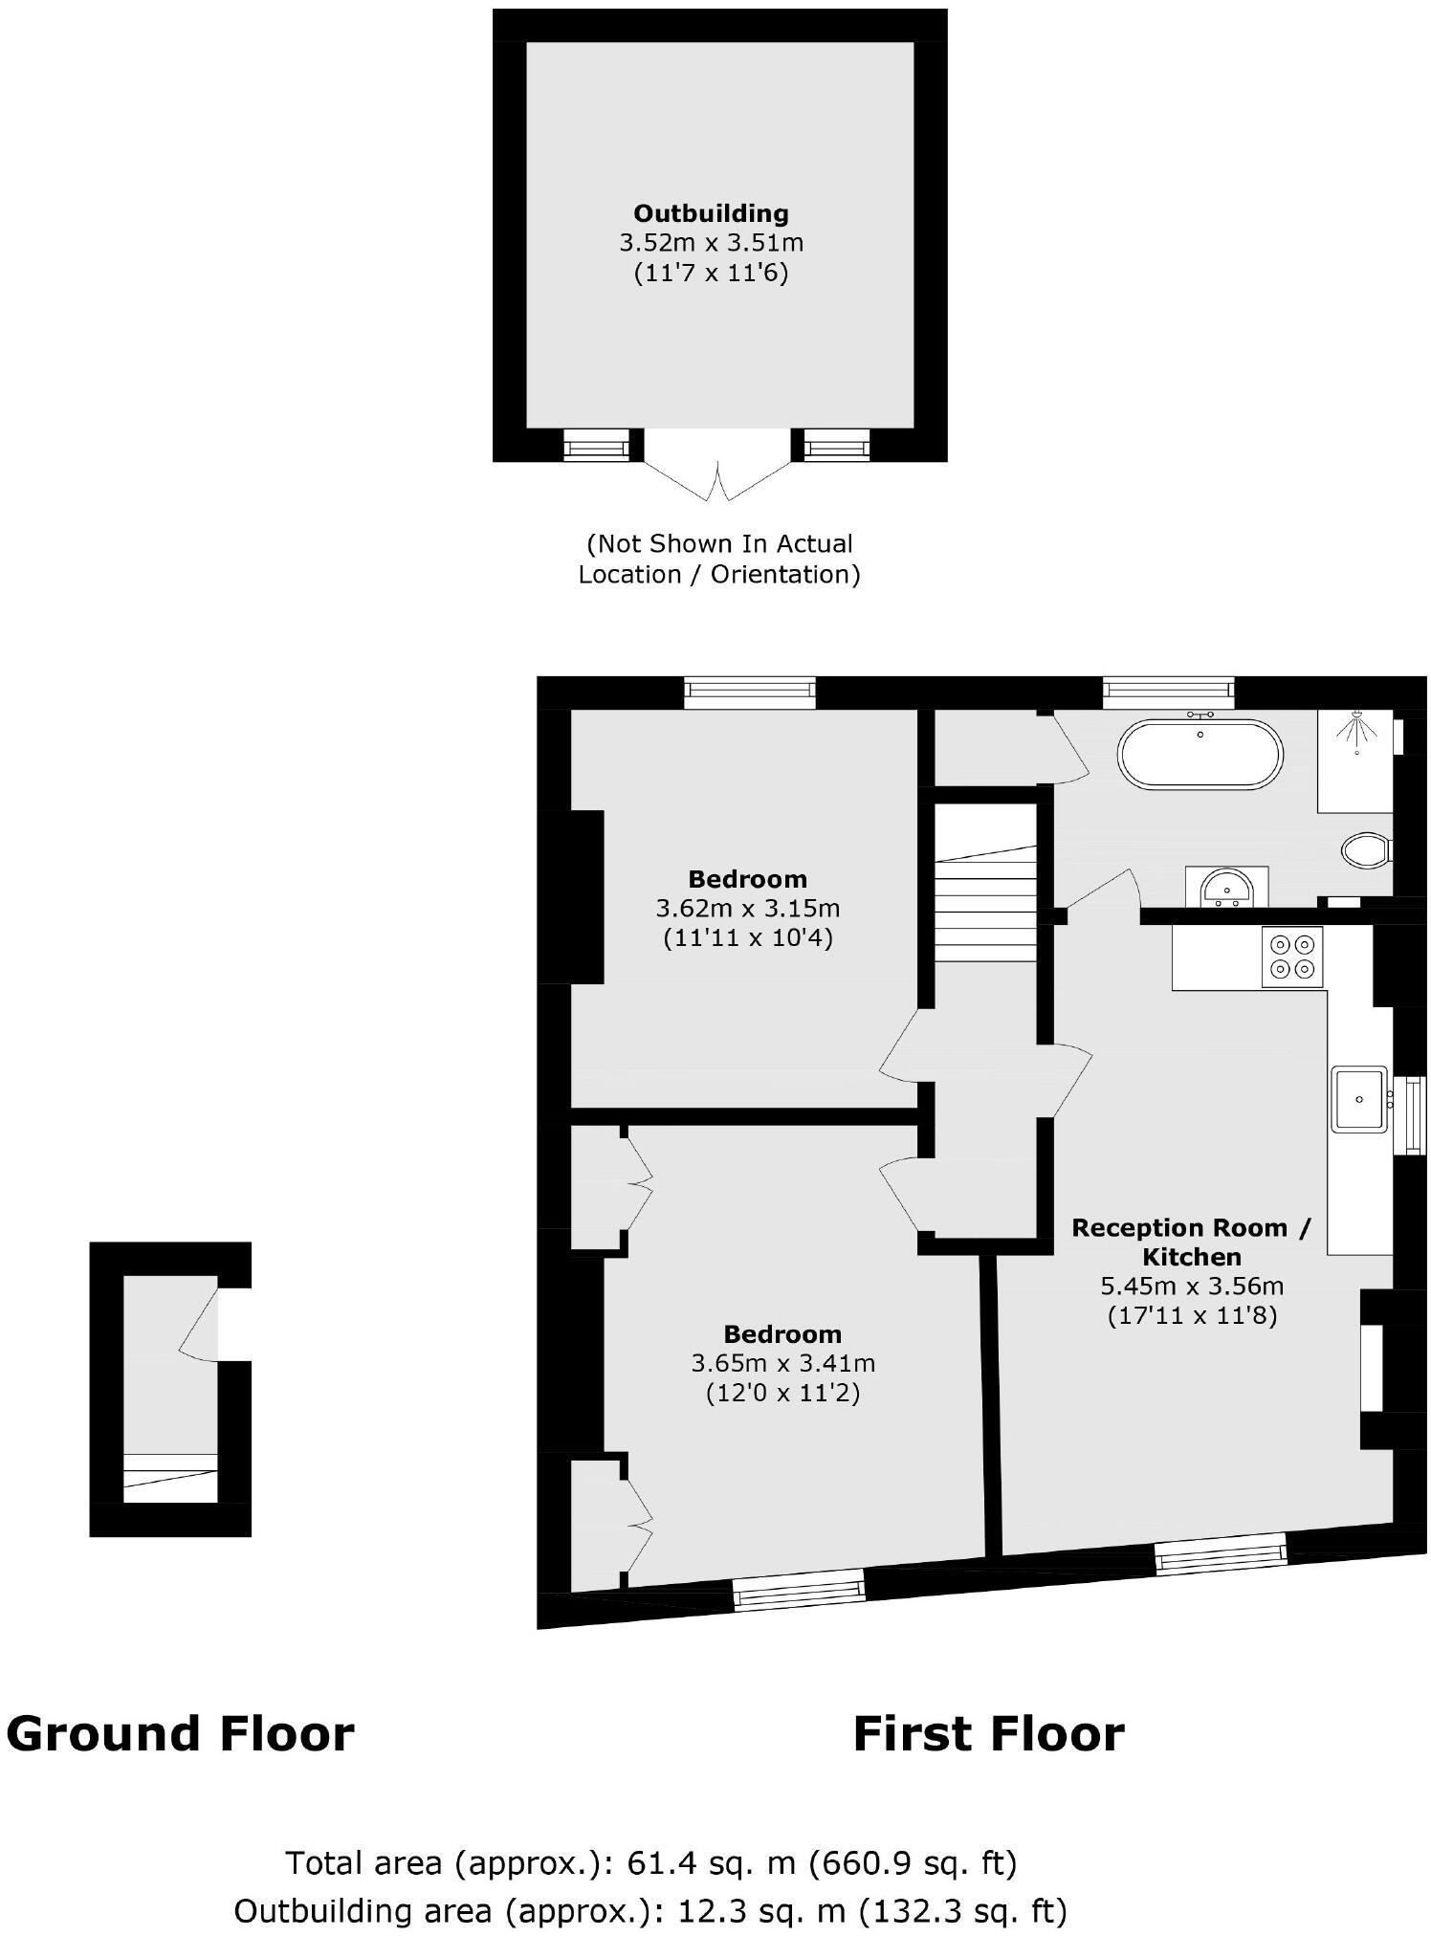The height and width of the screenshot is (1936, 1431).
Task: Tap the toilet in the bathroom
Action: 1366,849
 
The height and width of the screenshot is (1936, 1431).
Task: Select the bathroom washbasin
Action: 1226,889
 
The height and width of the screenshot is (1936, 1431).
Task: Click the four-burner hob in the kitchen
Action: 1291,957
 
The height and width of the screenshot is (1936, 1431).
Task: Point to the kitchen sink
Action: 1358,1099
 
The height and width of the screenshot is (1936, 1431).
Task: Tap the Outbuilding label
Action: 711,213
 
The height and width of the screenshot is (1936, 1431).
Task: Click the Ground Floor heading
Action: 180,1734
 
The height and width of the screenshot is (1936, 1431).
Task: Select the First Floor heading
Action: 988,1734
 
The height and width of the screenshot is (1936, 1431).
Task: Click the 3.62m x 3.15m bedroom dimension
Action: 747,908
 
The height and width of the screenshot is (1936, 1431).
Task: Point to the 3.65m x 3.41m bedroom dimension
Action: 782,1362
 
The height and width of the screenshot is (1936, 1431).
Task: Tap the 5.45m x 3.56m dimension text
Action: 1192,1286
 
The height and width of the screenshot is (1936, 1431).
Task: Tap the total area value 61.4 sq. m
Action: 711,1862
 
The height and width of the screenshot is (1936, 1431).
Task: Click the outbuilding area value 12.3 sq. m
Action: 761,1910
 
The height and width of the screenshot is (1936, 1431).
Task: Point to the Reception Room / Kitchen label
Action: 1192,1242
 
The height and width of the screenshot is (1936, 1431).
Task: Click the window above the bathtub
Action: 1168,692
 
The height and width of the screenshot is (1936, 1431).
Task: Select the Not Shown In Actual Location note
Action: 719,559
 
